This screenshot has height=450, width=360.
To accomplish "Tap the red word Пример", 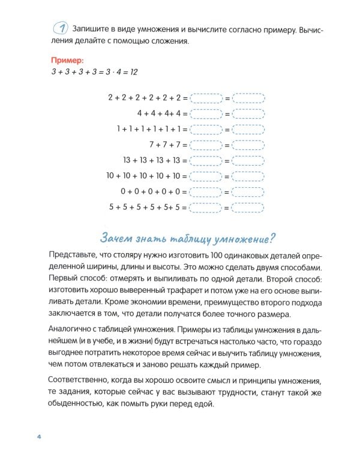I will click(x=67, y=61).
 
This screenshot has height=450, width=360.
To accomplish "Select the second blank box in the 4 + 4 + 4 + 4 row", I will click(x=248, y=113).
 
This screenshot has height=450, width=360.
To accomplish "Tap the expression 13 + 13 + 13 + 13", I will click(x=151, y=160).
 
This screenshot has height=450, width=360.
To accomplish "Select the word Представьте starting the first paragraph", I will click(x=65, y=255).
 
